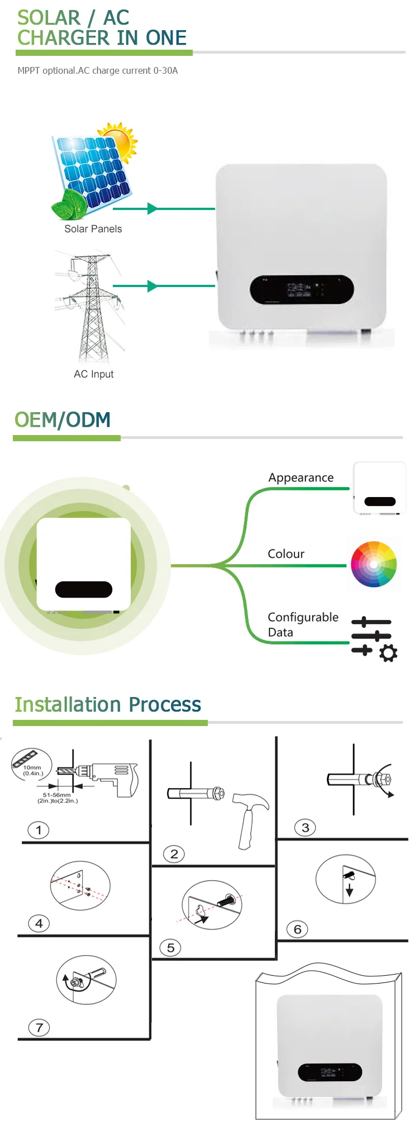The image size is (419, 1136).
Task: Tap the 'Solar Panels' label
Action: pyautogui.click(x=93, y=229)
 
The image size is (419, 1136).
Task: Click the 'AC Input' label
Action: pyautogui.click(x=93, y=374)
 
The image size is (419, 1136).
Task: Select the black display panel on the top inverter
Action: pyautogui.click(x=301, y=289)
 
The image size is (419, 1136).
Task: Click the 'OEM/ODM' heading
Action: pyautogui.click(x=63, y=420)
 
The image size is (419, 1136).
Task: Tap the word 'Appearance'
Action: pyautogui.click(x=301, y=478)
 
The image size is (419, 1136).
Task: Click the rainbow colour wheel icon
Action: pyautogui.click(x=373, y=564)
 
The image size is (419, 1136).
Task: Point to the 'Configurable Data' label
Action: pyautogui.click(x=303, y=624)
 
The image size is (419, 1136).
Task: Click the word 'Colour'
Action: pyautogui.click(x=286, y=554)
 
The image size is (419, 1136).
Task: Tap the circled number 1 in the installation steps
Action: pyautogui.click(x=39, y=830)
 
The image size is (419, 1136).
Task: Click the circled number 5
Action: pyautogui.click(x=170, y=948)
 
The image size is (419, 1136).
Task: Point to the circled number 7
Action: pyautogui.click(x=39, y=1027)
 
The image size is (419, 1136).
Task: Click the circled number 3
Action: pyautogui.click(x=305, y=828)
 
